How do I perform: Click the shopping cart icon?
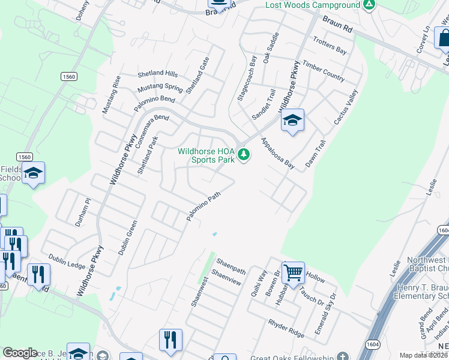[x=293, y=272]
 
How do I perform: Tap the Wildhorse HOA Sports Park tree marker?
[x=244, y=155]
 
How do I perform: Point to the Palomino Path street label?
[x=204, y=206]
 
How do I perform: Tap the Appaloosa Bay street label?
[x=277, y=154]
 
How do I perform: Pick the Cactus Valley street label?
[x=346, y=107]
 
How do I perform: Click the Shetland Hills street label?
[x=158, y=74]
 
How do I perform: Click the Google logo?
[x=20, y=353]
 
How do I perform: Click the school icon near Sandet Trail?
[x=292, y=121]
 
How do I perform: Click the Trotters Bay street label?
[x=330, y=45]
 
